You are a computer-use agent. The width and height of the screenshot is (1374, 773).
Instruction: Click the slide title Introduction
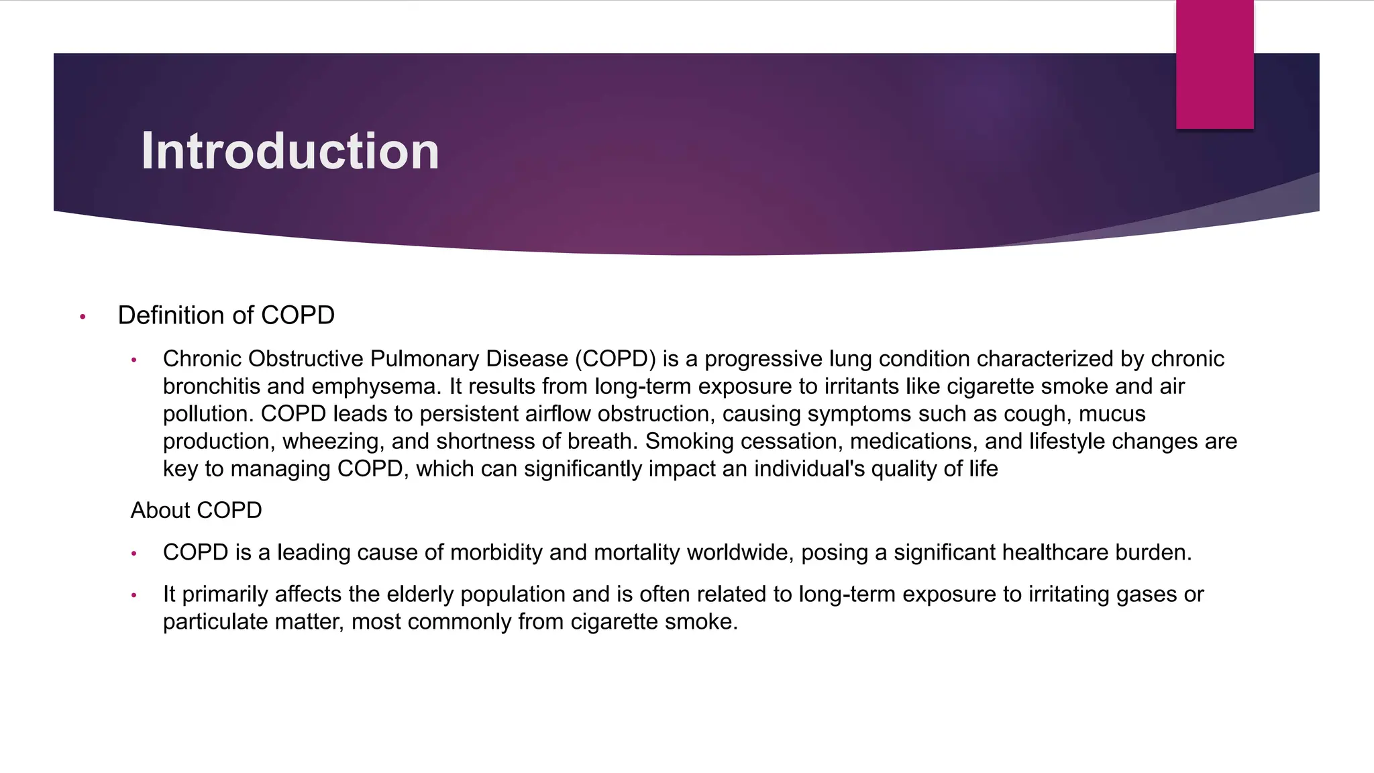(x=290, y=151)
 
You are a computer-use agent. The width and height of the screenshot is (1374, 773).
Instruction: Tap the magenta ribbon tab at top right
(x=1214, y=64)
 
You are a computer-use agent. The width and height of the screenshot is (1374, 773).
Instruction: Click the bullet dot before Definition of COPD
(x=83, y=317)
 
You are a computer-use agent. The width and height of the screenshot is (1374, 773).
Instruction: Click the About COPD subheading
(x=196, y=511)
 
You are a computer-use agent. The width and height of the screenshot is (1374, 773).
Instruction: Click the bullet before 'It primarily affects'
(x=134, y=595)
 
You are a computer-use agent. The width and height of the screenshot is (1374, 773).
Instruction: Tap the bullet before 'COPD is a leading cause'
(x=134, y=554)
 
